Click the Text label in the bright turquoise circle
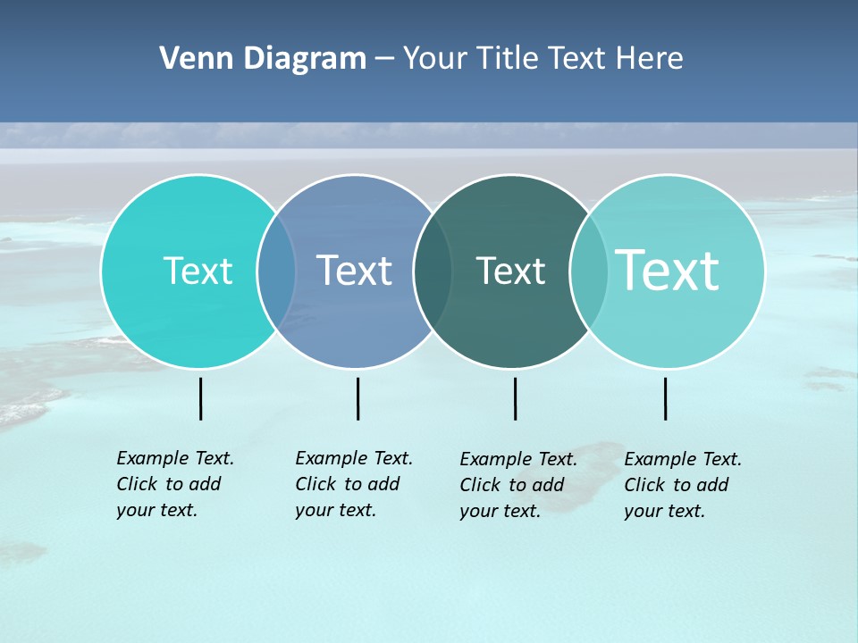pyautogui.click(x=198, y=271)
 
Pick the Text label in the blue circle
pyautogui.click(x=355, y=271)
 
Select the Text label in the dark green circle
pyautogui.click(x=510, y=271)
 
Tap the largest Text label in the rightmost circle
pyautogui.click(x=668, y=271)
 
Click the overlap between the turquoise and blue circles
pyautogui.click(x=276, y=271)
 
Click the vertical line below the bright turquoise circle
pyautogui.click(x=201, y=398)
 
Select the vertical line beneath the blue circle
pyautogui.click(x=357, y=398)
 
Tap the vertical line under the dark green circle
pyautogui.click(x=515, y=398)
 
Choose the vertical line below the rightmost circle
pyautogui.click(x=665, y=398)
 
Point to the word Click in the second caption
pyautogui.click(x=315, y=484)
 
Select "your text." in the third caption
pyautogui.click(x=500, y=511)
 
